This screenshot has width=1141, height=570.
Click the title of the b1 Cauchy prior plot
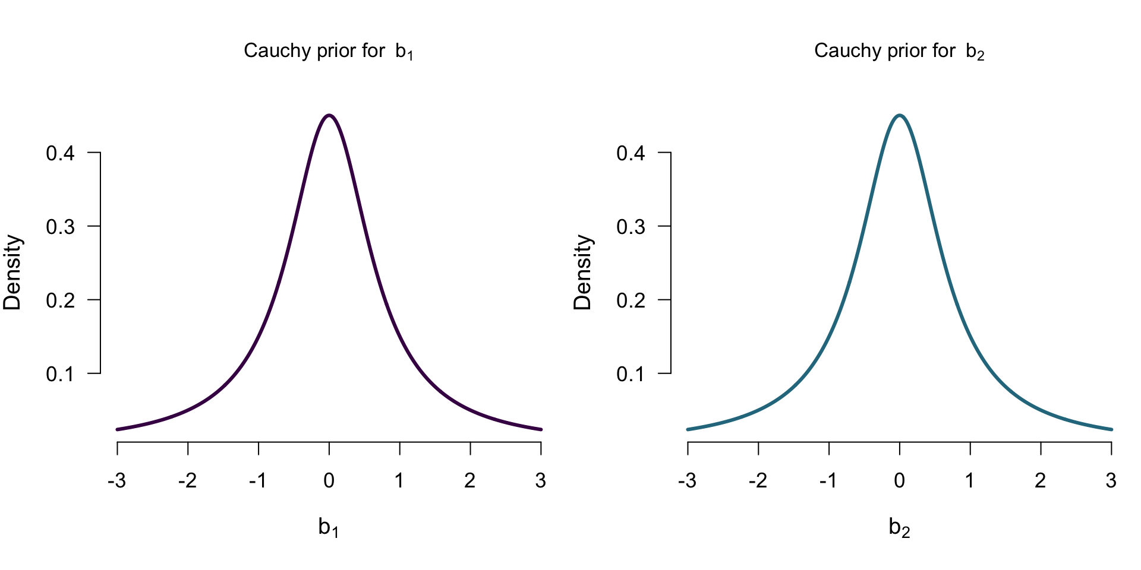pos(328,51)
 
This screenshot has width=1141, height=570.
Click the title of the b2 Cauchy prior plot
pos(899,51)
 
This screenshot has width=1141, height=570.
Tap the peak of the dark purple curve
pos(329,115)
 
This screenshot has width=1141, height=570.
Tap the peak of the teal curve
pos(900,115)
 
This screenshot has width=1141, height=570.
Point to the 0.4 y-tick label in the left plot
pos(61,153)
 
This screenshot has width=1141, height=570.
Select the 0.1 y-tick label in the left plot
pos(61,374)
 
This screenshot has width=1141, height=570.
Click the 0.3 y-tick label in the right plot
pos(631,227)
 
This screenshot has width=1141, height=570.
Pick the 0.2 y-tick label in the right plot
pos(631,300)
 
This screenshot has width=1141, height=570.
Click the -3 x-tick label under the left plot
pos(116,480)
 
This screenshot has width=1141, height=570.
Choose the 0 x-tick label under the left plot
pos(329,480)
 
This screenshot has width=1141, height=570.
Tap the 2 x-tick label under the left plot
pos(470,480)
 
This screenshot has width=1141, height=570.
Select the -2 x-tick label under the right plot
pos(758,480)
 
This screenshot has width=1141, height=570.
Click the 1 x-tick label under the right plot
pos(970,480)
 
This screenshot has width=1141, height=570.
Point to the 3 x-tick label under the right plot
pos(1111,480)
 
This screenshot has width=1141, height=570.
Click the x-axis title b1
pos(329,527)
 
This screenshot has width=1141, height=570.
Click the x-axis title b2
pos(899,527)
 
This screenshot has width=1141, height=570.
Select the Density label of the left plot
pos(12,273)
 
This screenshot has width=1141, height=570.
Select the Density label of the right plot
pos(583,273)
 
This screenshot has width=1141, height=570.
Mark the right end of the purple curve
pos(541,429)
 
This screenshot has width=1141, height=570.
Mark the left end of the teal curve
pos(688,429)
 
